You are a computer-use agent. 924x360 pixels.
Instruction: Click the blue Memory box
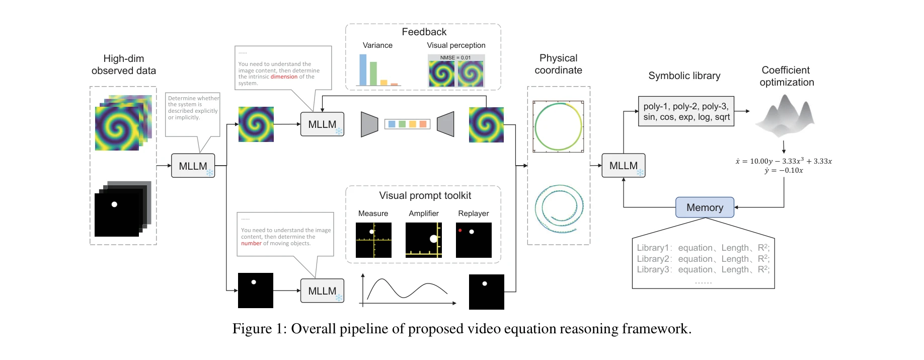(704, 207)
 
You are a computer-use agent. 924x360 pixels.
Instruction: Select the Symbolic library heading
(684, 76)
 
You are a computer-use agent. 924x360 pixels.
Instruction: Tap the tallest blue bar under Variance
(363, 70)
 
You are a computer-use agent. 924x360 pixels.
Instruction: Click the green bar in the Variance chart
(373, 74)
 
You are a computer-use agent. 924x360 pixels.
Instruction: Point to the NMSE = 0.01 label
(455, 57)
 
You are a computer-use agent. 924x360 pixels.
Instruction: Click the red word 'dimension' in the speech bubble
(284, 77)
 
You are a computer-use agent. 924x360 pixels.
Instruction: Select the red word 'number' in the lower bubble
(251, 244)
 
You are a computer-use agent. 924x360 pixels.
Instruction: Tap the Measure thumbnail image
(373, 240)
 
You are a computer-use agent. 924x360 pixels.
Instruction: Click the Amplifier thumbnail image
(424, 240)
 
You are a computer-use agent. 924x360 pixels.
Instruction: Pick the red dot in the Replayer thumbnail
(460, 231)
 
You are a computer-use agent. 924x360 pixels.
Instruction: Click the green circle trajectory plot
(558, 126)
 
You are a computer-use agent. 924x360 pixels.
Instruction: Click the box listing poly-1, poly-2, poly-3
(686, 111)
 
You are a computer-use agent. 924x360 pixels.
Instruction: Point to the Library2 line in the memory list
(703, 259)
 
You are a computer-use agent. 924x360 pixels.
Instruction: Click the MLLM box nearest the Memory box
(623, 166)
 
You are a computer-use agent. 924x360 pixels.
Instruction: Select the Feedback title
(424, 32)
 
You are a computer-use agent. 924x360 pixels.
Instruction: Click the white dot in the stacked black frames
(114, 204)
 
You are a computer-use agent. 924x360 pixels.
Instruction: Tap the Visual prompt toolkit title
(425, 196)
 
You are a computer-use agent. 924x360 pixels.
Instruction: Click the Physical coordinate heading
(558, 64)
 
